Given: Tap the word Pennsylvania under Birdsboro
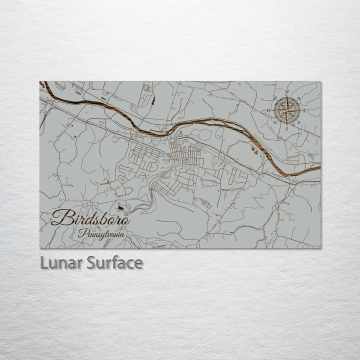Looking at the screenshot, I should coord(102,233).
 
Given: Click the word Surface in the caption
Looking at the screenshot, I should coord(114,263).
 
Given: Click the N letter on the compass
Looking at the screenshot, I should coord(287,92).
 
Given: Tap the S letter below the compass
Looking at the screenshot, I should coord(286,128).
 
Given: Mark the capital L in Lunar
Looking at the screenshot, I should coord(43,263).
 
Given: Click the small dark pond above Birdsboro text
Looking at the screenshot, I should coord(119,206).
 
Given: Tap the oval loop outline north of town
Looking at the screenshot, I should coord(147,88).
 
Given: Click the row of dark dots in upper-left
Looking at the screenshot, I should coord(79,91).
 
